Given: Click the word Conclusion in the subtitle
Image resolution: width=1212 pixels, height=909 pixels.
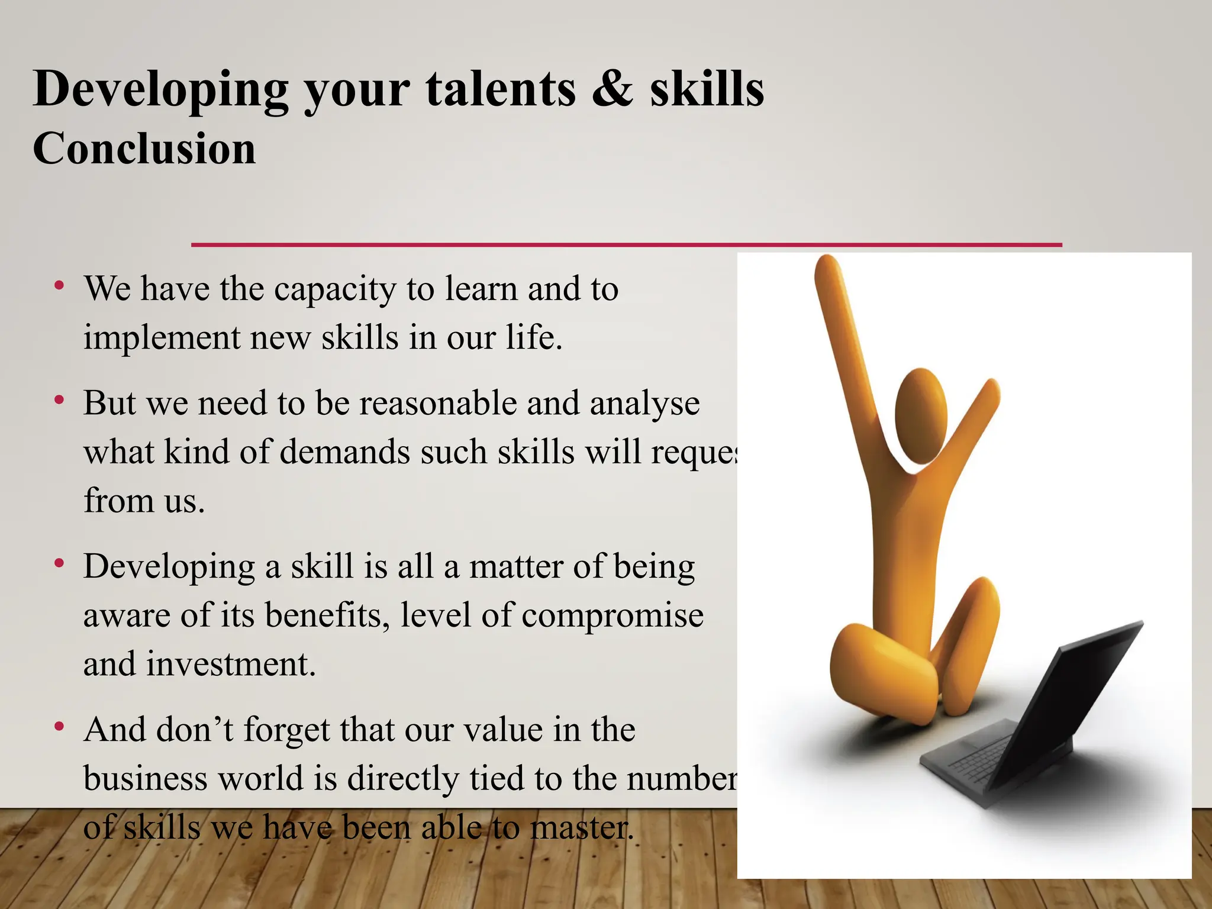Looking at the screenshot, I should point(144,148).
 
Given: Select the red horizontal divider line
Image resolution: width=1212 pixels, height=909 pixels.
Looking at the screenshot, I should point(626,244).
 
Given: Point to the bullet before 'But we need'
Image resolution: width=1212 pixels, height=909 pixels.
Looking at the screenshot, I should point(59,401).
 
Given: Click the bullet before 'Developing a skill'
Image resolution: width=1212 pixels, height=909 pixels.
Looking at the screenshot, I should point(59,564).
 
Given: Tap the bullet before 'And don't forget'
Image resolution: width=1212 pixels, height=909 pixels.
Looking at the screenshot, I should point(59,727).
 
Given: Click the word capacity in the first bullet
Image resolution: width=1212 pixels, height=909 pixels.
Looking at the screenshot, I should point(335,290).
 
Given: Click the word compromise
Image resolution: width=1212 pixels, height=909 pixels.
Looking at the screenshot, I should point(613,616).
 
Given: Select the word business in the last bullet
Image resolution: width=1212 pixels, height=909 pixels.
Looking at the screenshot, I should point(145,778).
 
